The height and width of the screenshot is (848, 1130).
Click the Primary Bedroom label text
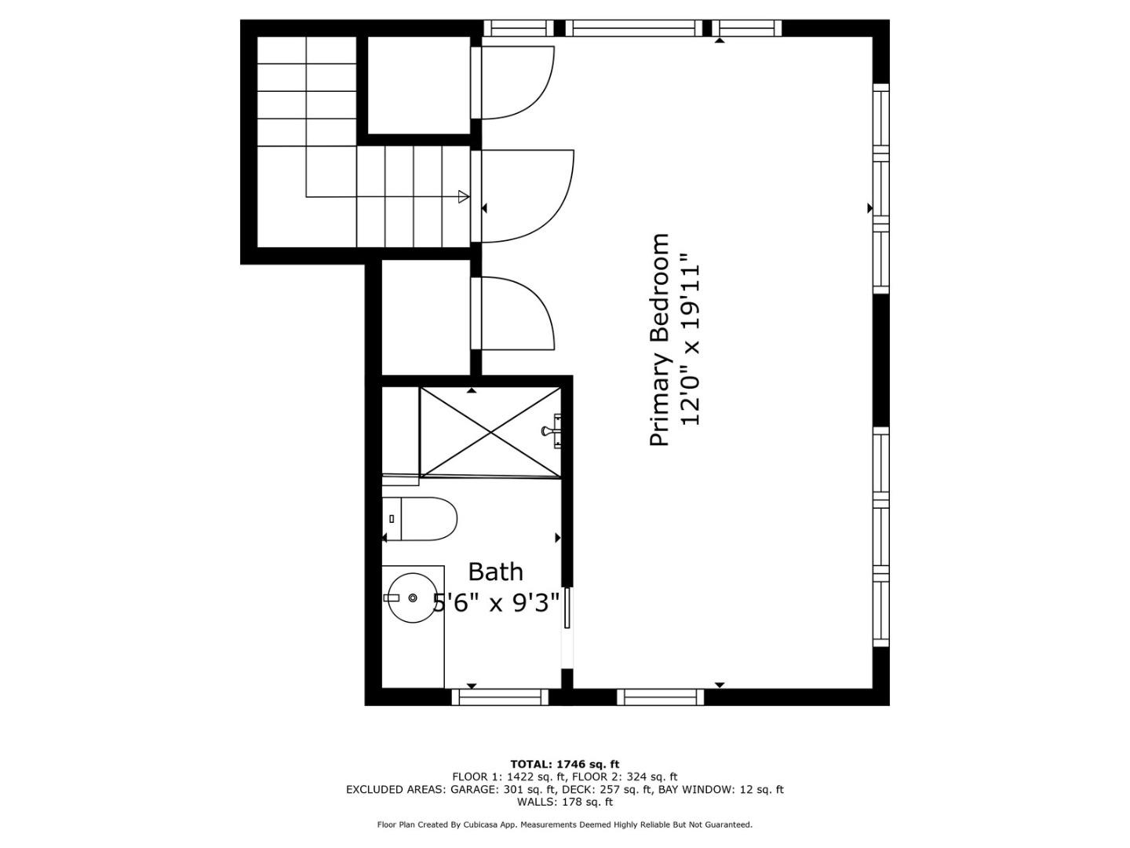click(659, 340)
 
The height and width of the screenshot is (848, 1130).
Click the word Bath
click(495, 572)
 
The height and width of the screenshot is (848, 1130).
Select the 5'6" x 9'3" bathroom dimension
click(496, 602)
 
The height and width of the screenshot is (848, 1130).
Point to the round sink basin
click(413, 598)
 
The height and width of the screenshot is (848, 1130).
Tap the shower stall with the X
click(490, 432)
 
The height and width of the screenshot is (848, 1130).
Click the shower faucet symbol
click(552, 431)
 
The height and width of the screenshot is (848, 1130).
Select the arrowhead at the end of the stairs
click(464, 196)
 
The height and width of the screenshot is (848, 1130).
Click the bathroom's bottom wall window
click(500, 696)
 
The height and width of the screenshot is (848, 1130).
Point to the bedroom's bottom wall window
click(660, 696)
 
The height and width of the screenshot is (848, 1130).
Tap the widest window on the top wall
click(634, 27)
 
